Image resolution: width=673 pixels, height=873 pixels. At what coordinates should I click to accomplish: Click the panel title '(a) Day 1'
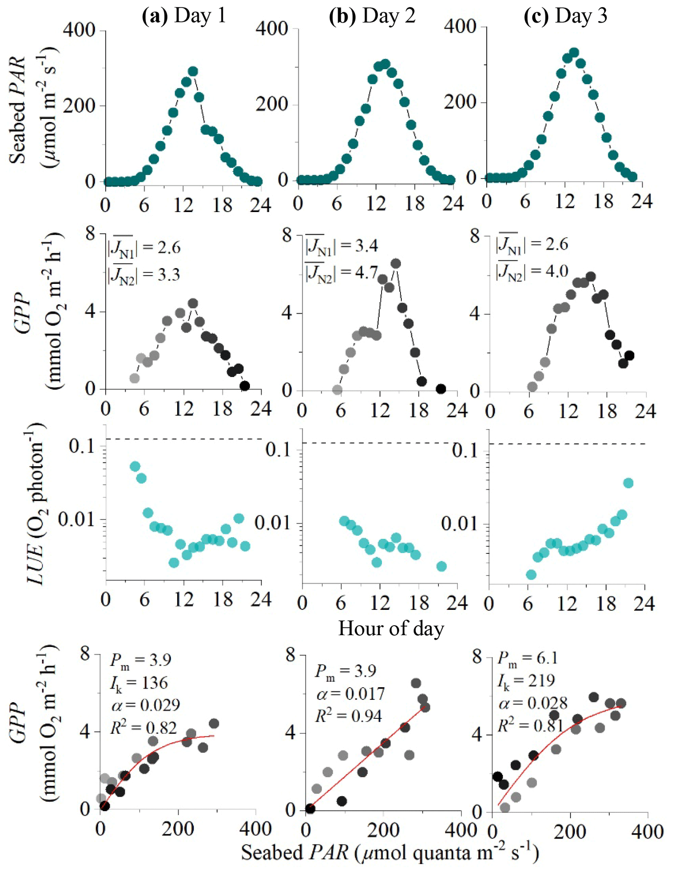[184, 16]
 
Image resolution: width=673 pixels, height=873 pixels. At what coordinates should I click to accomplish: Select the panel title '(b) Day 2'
[372, 16]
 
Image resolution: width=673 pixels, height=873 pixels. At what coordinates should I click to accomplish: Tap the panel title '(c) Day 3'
[565, 16]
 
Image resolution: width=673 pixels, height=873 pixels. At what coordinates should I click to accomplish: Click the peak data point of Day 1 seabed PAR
[193, 71]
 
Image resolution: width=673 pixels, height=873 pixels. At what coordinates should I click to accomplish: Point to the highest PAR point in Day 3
[574, 52]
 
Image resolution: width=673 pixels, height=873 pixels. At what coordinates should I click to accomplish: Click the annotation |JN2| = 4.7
[342, 272]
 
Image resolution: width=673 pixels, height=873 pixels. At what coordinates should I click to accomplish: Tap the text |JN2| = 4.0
[532, 271]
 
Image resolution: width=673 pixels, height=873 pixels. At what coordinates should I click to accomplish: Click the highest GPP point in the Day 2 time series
[395, 264]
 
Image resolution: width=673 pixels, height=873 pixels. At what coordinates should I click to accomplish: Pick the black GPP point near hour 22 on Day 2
[441, 389]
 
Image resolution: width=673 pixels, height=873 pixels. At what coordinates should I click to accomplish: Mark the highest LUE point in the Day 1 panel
[135, 467]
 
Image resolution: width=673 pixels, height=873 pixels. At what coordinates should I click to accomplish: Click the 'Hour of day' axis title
[391, 628]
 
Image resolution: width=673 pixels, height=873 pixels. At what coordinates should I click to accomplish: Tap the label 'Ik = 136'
[139, 683]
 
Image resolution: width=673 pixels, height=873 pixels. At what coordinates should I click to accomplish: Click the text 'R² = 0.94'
[348, 716]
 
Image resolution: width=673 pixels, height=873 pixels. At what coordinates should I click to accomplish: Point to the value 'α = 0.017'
[350, 693]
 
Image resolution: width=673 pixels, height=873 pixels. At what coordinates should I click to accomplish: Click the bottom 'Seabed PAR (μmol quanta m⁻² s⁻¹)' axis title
[390, 853]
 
